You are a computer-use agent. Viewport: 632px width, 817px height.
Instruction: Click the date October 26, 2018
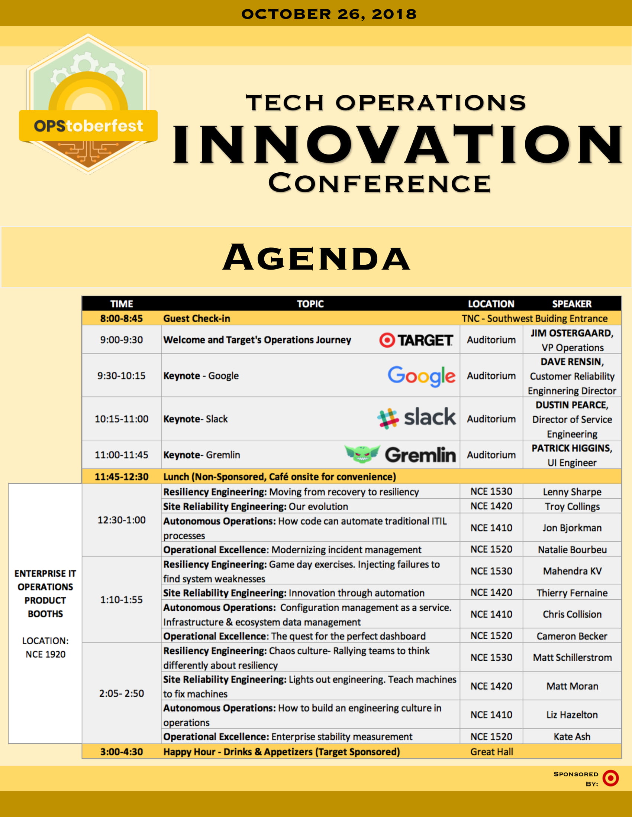(329, 14)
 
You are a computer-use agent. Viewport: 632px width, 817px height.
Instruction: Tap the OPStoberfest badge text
(88, 126)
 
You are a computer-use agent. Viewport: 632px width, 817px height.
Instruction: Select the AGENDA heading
(316, 257)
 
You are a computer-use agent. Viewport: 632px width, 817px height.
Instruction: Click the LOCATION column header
(491, 304)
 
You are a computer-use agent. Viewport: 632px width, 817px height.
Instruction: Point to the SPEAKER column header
(572, 304)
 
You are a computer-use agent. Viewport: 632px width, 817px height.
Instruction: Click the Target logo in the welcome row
(416, 340)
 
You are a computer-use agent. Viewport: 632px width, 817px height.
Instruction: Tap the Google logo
(421, 376)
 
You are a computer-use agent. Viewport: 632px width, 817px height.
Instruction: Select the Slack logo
(416, 418)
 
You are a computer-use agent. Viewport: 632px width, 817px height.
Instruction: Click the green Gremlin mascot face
(362, 454)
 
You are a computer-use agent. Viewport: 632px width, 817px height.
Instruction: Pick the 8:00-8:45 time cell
(121, 318)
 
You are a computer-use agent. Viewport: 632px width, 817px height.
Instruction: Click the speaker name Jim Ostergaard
(572, 333)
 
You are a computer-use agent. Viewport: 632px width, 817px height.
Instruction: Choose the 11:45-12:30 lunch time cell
(121, 476)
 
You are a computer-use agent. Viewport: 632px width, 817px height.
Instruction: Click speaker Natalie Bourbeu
(572, 550)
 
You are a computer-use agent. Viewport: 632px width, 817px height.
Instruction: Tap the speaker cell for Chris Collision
(572, 614)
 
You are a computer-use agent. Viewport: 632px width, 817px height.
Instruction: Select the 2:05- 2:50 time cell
(121, 693)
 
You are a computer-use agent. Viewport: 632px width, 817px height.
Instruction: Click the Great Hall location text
(491, 752)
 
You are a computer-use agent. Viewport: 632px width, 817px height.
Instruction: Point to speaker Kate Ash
(572, 736)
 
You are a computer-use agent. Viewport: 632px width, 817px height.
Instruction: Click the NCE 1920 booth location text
(45, 654)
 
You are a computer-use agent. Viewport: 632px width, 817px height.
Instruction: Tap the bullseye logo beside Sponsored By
(610, 778)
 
